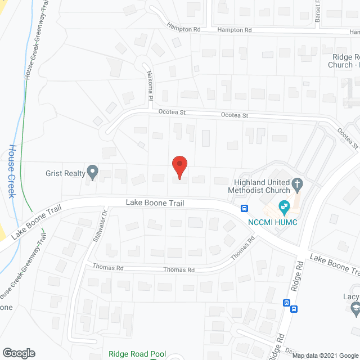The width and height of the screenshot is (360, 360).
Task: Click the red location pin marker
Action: coord(179,166)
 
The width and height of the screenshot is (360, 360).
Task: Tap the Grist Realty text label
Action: coord(65,173)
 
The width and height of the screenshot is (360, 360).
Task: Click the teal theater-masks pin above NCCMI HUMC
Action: coord(285,206)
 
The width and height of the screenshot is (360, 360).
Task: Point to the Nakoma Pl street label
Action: coord(150,85)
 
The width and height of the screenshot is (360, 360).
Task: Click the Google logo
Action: coord(18,353)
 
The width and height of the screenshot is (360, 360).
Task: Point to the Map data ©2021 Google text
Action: coord(325,355)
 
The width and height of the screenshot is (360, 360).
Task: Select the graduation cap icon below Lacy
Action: coord(355,308)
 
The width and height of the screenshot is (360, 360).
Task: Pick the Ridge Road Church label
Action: coord(344,61)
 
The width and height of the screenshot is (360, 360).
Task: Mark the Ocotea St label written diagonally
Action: coord(348,138)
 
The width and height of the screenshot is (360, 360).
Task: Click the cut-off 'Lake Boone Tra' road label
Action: coord(335,264)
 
